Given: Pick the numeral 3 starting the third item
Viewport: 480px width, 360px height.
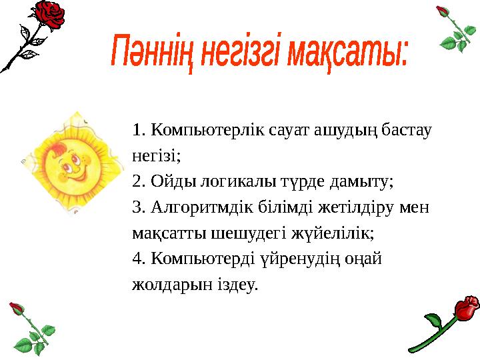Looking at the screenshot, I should pyautogui.click(x=137, y=207).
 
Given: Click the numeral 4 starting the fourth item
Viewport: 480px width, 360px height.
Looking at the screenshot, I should pyautogui.click(x=137, y=259).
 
